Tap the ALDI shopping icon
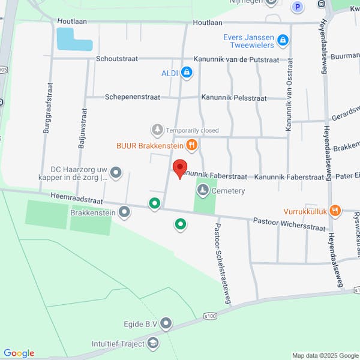tap(187, 73)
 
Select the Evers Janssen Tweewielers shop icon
tap(283, 41)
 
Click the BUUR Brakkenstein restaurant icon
tap(191, 144)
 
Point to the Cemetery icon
tap(203, 190)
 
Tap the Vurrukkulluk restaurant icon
tap(335, 211)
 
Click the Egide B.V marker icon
tap(166, 324)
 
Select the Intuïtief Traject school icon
tap(153, 343)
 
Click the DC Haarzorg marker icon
tap(116, 173)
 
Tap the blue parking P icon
tap(296, 7)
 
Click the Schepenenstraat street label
tap(130, 97)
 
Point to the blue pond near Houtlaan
tap(74, 40)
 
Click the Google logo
tap(19, 353)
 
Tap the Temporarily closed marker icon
tap(157, 130)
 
